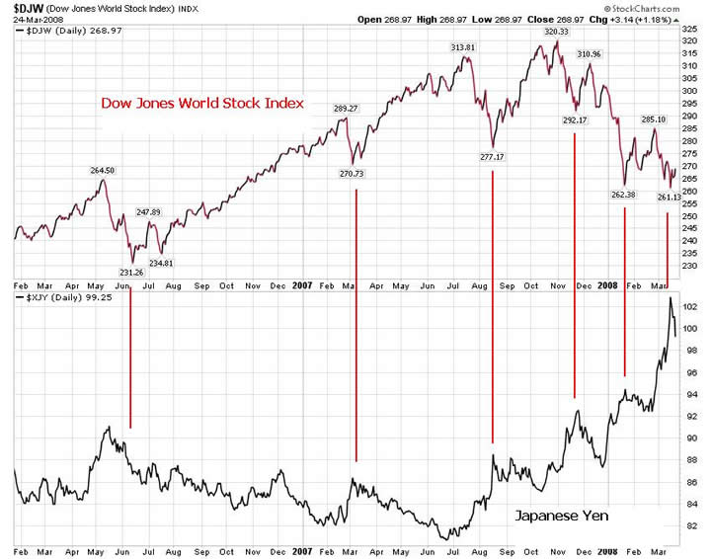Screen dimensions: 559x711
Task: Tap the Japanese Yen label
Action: (561, 516)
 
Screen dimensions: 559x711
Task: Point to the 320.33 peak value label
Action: (558, 32)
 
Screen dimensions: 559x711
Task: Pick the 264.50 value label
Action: (103, 170)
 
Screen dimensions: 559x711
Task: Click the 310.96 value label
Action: (591, 53)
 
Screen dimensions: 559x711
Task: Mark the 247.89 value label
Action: (148, 211)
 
